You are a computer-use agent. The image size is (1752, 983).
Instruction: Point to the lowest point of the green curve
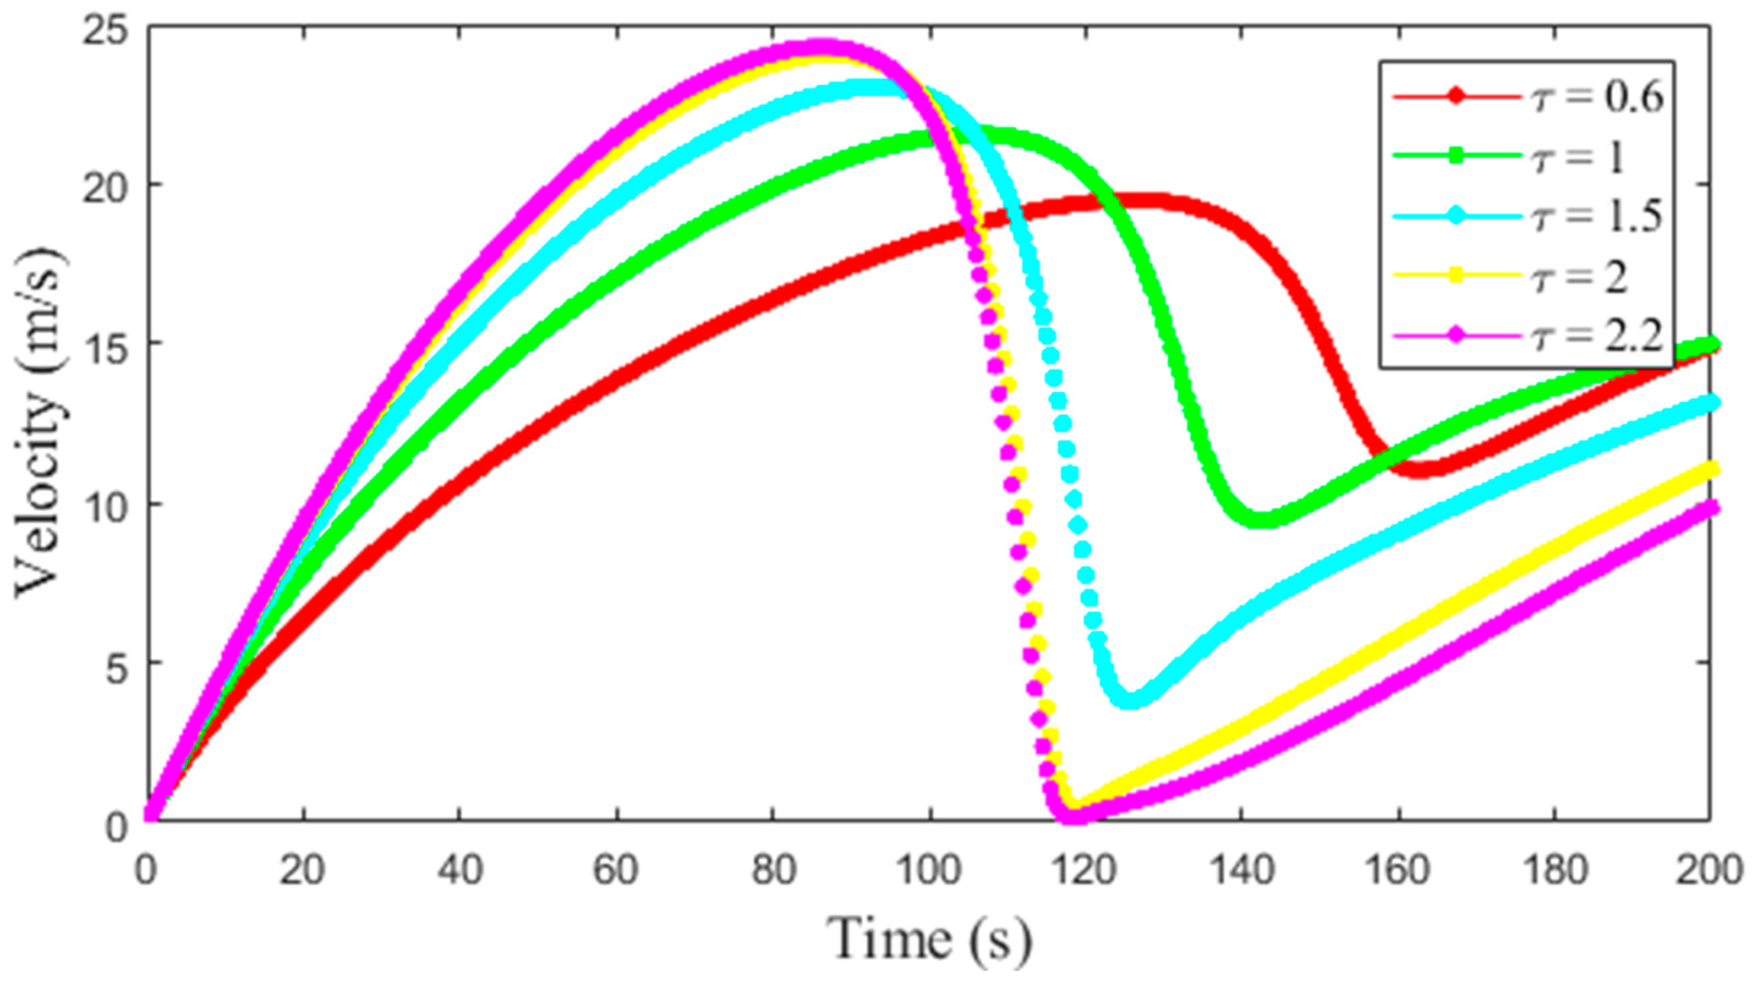click(1265, 519)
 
